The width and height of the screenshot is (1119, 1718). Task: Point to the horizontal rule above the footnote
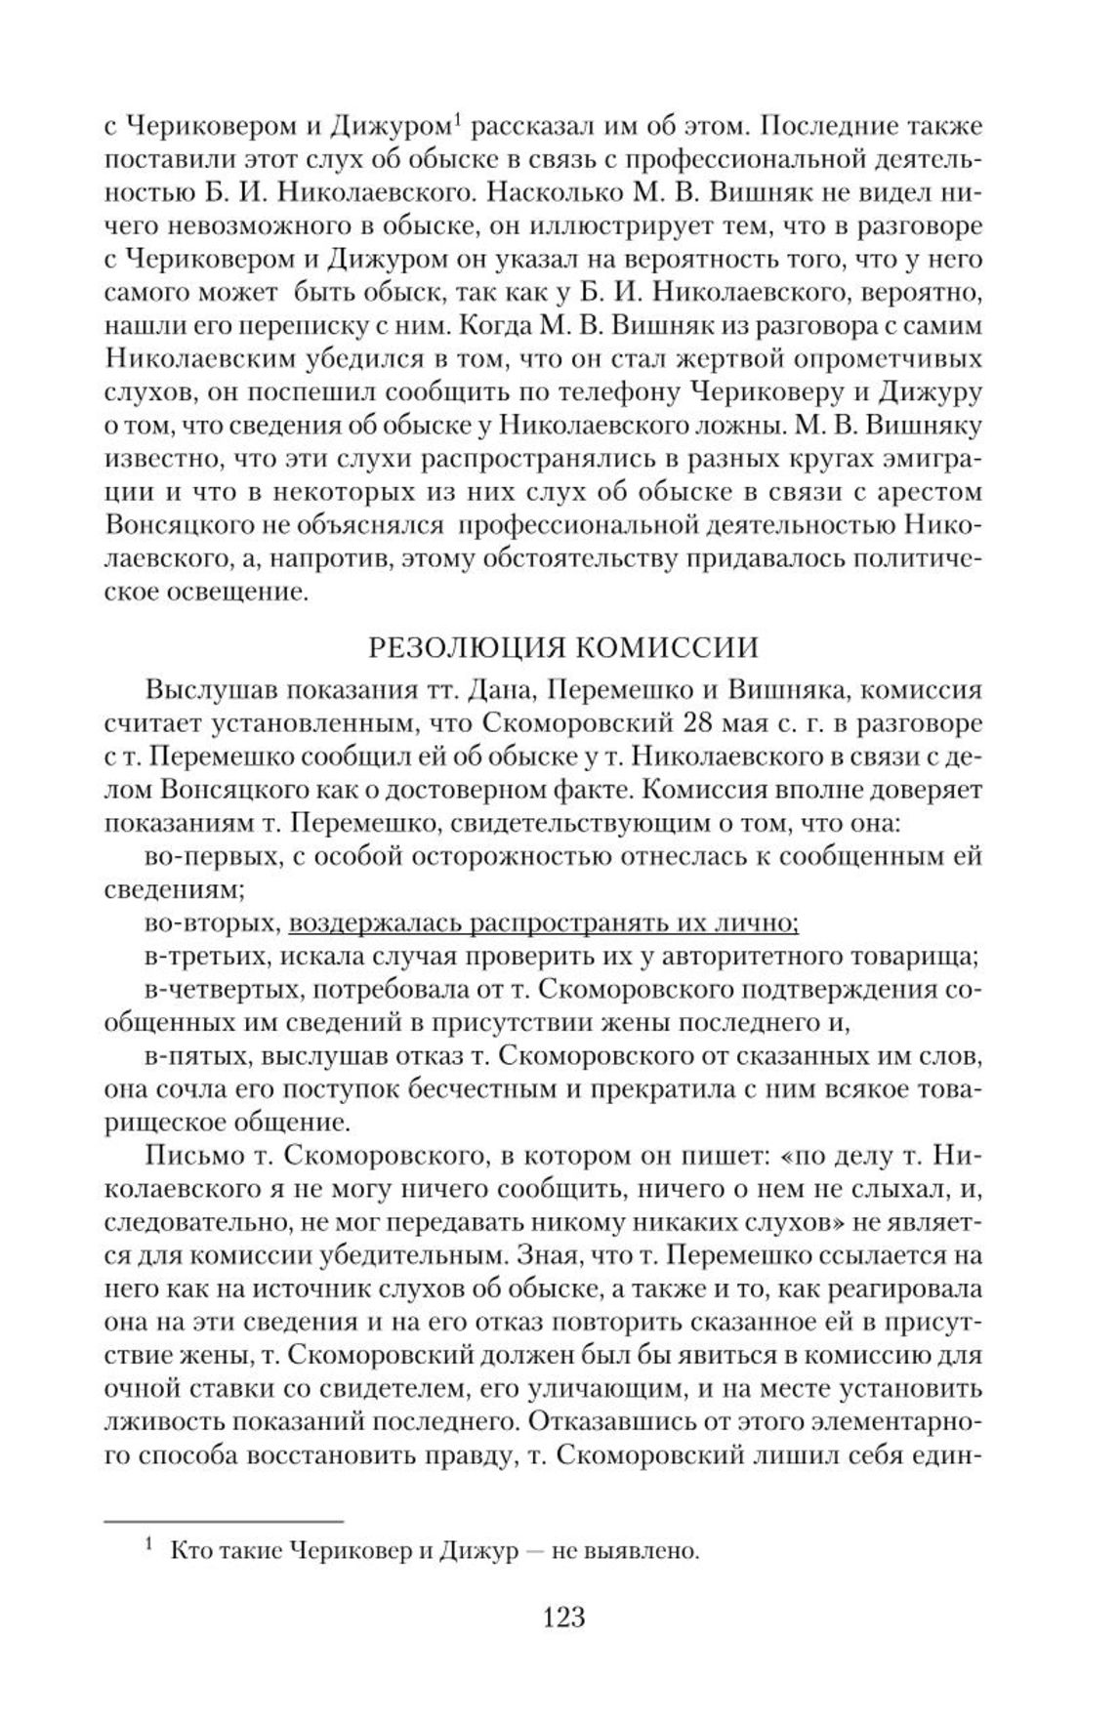224,1521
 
